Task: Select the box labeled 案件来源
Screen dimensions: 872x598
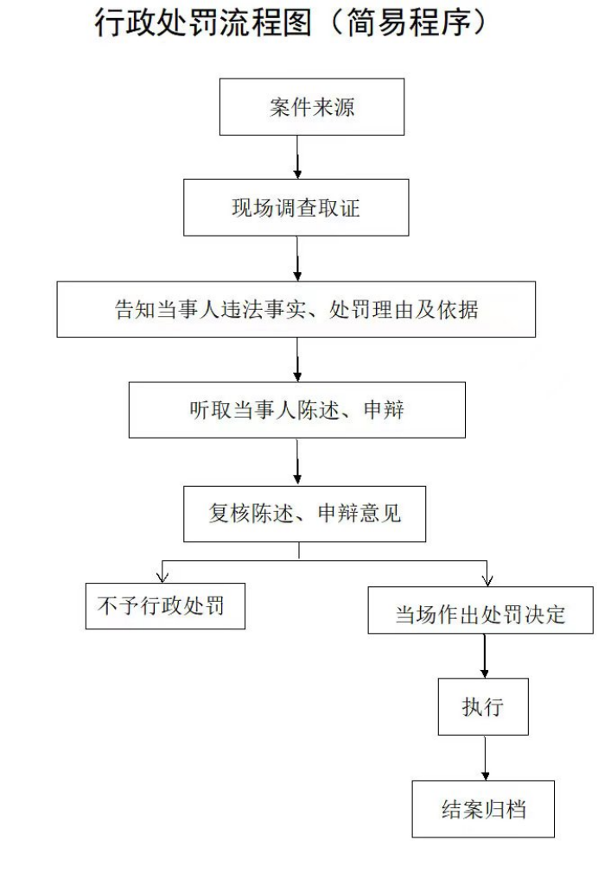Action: [x=311, y=107]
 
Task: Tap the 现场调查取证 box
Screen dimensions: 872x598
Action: [x=296, y=208]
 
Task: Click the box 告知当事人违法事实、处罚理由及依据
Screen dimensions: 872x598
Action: [x=296, y=308]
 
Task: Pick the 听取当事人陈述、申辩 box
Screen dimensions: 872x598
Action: [x=296, y=409]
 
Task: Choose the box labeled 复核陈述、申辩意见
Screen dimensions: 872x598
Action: [x=304, y=514]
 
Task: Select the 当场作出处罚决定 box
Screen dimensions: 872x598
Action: [x=480, y=615]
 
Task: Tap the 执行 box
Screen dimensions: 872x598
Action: [x=483, y=707]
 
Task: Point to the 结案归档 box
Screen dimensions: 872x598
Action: [x=483, y=809]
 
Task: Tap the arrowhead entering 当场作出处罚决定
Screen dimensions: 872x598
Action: [x=487, y=578]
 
